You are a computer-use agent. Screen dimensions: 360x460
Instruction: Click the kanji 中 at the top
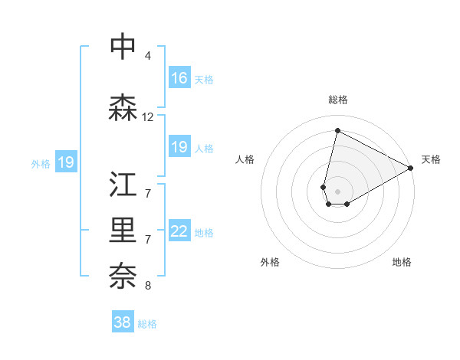click(123, 46)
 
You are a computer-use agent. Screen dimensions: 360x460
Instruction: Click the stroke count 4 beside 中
click(148, 56)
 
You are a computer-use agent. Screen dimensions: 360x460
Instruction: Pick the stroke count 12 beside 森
click(148, 117)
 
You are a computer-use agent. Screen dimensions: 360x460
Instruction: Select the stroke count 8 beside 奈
click(148, 286)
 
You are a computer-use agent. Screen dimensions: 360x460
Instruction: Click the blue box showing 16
click(179, 77)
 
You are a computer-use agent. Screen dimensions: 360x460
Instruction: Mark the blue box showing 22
click(179, 231)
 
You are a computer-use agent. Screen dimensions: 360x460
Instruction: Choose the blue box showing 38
click(123, 322)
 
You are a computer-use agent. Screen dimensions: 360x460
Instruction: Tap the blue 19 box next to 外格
click(66, 162)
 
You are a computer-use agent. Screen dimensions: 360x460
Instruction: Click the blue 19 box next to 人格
click(179, 147)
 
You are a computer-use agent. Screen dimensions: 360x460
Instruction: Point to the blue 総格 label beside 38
click(147, 324)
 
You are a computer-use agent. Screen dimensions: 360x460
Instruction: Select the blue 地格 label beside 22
click(204, 232)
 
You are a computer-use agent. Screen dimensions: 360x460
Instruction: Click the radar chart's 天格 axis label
click(431, 159)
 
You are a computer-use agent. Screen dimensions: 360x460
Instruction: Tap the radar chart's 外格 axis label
click(270, 262)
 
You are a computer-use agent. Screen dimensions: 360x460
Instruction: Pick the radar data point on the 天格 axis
click(411, 168)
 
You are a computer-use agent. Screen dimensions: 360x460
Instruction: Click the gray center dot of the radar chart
click(337, 191)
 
